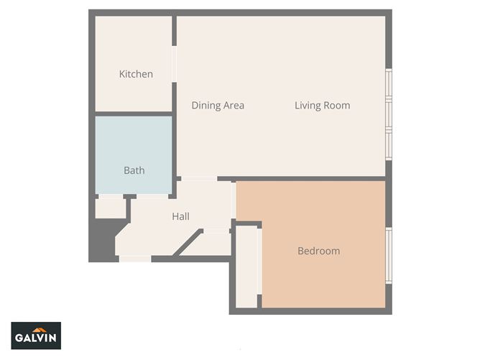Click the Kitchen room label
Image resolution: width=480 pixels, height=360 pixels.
pyautogui.click(x=136, y=74)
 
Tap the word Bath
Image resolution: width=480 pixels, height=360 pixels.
pyautogui.click(x=134, y=170)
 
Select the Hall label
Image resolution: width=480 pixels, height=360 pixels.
pyautogui.click(x=180, y=216)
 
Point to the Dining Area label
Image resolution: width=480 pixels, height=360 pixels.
pyautogui.click(x=218, y=106)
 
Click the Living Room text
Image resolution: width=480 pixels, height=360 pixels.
pyautogui.click(x=322, y=106)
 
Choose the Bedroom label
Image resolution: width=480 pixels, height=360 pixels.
pyautogui.click(x=318, y=251)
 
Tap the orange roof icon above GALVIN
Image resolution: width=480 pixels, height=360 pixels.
pyautogui.click(x=36, y=328)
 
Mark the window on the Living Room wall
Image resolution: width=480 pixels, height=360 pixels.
pyautogui.click(x=389, y=114)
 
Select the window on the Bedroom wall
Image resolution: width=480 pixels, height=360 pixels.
pyautogui.click(x=389, y=255)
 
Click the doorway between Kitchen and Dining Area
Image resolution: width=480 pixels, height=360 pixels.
pyautogui.click(x=174, y=65)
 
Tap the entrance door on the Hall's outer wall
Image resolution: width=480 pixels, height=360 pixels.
pyautogui.click(x=135, y=258)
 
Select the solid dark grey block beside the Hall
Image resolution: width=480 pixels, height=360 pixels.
pyautogui.click(x=101, y=241)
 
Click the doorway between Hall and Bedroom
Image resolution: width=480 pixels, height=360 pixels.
pyautogui.click(x=234, y=201)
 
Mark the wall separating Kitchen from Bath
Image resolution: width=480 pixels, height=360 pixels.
pyautogui.click(x=134, y=114)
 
